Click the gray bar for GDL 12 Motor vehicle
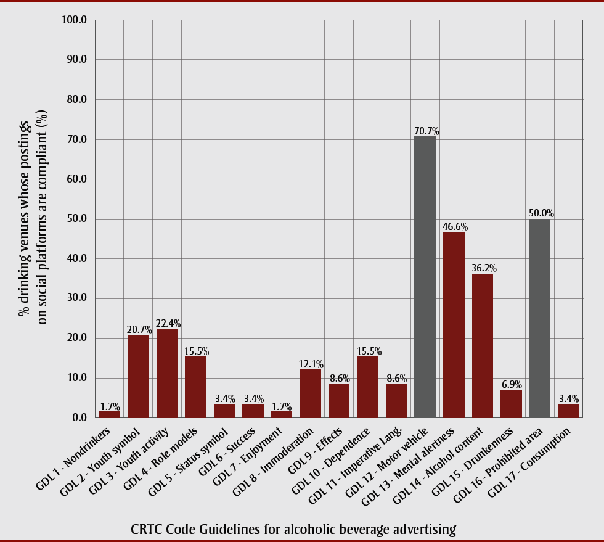click(x=425, y=277)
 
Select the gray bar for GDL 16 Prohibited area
click(x=540, y=318)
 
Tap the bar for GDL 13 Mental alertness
click(x=454, y=325)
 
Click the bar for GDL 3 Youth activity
click(x=166, y=373)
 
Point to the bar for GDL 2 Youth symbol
click(x=138, y=376)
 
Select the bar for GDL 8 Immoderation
click(x=310, y=393)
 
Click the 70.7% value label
click(x=426, y=131)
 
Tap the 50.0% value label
click(x=541, y=213)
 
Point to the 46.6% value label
click(x=455, y=228)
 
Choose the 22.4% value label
click(x=168, y=324)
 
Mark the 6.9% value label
click(x=512, y=385)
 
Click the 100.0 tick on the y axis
click(x=75, y=20)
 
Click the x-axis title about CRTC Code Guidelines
click(x=293, y=529)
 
